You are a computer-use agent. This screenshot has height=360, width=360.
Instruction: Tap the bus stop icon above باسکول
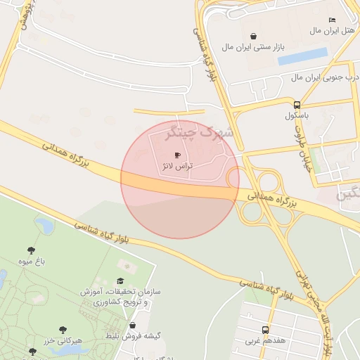tap(297, 104)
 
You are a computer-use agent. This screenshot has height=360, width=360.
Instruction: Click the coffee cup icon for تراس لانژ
tap(176, 155)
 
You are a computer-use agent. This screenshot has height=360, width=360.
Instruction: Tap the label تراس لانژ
tap(176, 167)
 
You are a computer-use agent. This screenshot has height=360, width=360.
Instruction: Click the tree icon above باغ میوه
tap(32, 250)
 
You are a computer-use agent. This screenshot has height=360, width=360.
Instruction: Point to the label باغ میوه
tap(32, 262)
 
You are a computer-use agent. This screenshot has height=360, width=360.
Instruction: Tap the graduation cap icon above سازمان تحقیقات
tap(127, 265)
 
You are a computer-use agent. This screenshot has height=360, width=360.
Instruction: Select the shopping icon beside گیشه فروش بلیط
tap(133, 325)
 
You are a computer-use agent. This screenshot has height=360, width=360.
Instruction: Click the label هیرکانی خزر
tap(63, 340)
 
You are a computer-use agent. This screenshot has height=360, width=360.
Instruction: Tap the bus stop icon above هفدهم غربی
tap(265, 329)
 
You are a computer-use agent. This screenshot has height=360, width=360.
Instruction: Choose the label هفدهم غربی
tap(265, 340)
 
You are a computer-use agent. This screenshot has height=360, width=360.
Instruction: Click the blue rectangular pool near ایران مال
tap(303, 56)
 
